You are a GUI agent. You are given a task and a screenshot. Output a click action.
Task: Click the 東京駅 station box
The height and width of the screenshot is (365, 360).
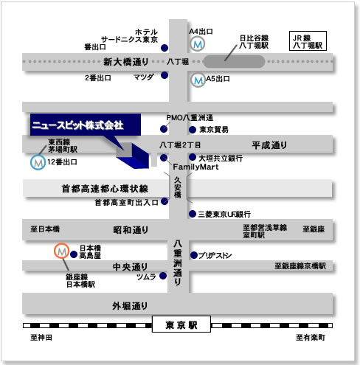[x=181, y=324]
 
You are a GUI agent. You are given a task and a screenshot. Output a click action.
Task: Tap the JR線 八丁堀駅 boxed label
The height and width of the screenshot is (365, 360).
[x=308, y=41]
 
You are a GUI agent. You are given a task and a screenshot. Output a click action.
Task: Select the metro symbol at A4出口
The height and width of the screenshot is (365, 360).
[x=198, y=44]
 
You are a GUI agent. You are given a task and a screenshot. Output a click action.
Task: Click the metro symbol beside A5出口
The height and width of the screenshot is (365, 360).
[x=198, y=80]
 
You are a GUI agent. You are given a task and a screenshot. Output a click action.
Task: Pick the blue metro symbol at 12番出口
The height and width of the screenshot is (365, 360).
[x=38, y=162]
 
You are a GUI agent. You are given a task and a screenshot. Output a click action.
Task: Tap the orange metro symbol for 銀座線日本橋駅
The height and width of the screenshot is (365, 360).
[x=61, y=251]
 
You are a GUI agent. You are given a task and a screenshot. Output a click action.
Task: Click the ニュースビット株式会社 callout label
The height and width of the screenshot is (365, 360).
[x=86, y=125]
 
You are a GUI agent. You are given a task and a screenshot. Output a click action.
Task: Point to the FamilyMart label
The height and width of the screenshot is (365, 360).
[x=195, y=167]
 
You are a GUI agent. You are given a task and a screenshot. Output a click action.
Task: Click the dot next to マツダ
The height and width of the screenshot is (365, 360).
[x=165, y=75]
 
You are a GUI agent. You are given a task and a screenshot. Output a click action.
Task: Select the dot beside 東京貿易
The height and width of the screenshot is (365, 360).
[x=193, y=130]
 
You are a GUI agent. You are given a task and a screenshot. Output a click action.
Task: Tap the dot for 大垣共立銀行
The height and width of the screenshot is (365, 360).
[x=193, y=157]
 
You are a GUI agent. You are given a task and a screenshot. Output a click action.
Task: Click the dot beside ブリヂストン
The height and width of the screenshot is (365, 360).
[x=194, y=255]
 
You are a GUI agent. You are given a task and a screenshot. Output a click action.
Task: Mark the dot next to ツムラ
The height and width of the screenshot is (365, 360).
[x=163, y=276]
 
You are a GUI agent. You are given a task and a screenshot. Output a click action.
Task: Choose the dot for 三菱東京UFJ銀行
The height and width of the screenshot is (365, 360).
[x=193, y=214]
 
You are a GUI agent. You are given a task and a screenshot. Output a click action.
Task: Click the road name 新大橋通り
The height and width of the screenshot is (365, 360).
[x=125, y=62]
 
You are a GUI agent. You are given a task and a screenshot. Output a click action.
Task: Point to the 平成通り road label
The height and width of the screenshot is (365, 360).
[x=269, y=145]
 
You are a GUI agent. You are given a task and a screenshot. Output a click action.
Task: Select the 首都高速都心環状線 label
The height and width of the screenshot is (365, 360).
[x=105, y=189]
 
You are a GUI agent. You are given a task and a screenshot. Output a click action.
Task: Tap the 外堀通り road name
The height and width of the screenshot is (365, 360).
[x=130, y=306]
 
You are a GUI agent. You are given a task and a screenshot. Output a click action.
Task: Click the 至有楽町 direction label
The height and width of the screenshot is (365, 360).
[x=311, y=338]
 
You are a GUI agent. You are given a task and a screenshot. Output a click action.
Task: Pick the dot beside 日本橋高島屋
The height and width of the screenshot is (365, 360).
[x=74, y=254]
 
